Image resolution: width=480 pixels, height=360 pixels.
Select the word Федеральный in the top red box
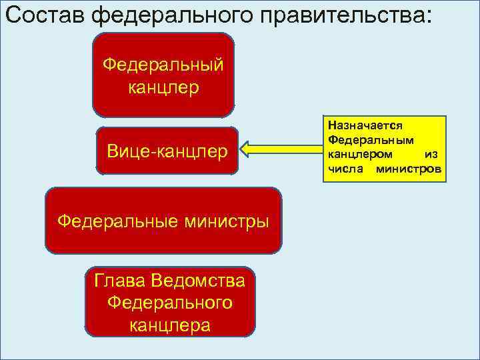click(x=163, y=65)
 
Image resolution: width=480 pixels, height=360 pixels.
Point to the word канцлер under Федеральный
click(x=163, y=88)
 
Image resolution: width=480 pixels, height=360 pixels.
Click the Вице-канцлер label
click(x=167, y=151)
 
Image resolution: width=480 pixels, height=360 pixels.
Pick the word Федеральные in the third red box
click(x=109, y=221)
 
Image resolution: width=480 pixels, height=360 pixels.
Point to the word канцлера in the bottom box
click(x=170, y=325)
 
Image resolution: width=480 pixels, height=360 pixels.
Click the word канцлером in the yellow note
click(x=360, y=154)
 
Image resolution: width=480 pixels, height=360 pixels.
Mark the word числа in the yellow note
click(x=343, y=169)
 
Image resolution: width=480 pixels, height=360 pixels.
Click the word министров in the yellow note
click(x=408, y=169)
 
